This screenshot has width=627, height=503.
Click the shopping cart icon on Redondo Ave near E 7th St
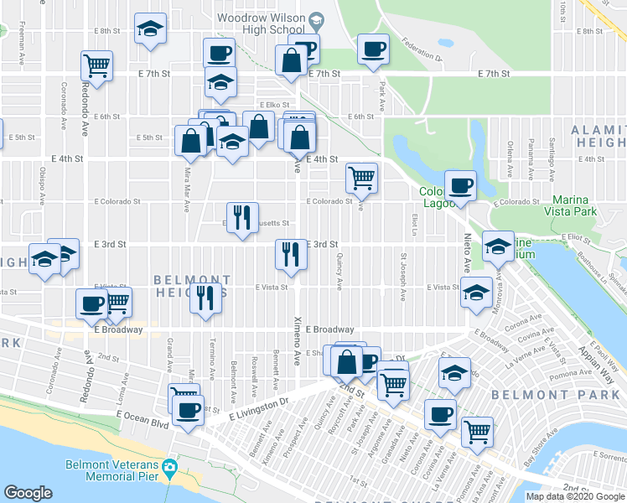coord(97,65)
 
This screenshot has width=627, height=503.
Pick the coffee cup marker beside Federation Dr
coord(373,48)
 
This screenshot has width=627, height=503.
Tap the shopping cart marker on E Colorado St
coord(361,176)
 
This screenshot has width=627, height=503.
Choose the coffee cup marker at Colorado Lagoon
coord(460,184)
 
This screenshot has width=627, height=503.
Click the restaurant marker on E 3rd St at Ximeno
coord(290,252)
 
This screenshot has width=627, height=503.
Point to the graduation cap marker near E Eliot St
coord(499,246)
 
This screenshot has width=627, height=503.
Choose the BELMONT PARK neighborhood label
coord(543,394)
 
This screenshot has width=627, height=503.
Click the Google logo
coord(29,492)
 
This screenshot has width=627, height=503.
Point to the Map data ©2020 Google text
coord(574,496)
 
